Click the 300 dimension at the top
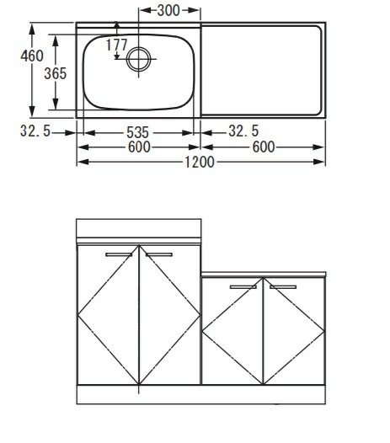(x=168, y=11)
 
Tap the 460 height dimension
(x=32, y=56)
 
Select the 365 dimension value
(x=56, y=73)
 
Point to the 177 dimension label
(x=117, y=45)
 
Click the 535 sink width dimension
(x=137, y=132)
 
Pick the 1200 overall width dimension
(x=200, y=163)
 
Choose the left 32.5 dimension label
(x=35, y=131)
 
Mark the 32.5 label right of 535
(x=243, y=131)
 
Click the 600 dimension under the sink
(x=139, y=147)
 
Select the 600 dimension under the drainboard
(x=264, y=147)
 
